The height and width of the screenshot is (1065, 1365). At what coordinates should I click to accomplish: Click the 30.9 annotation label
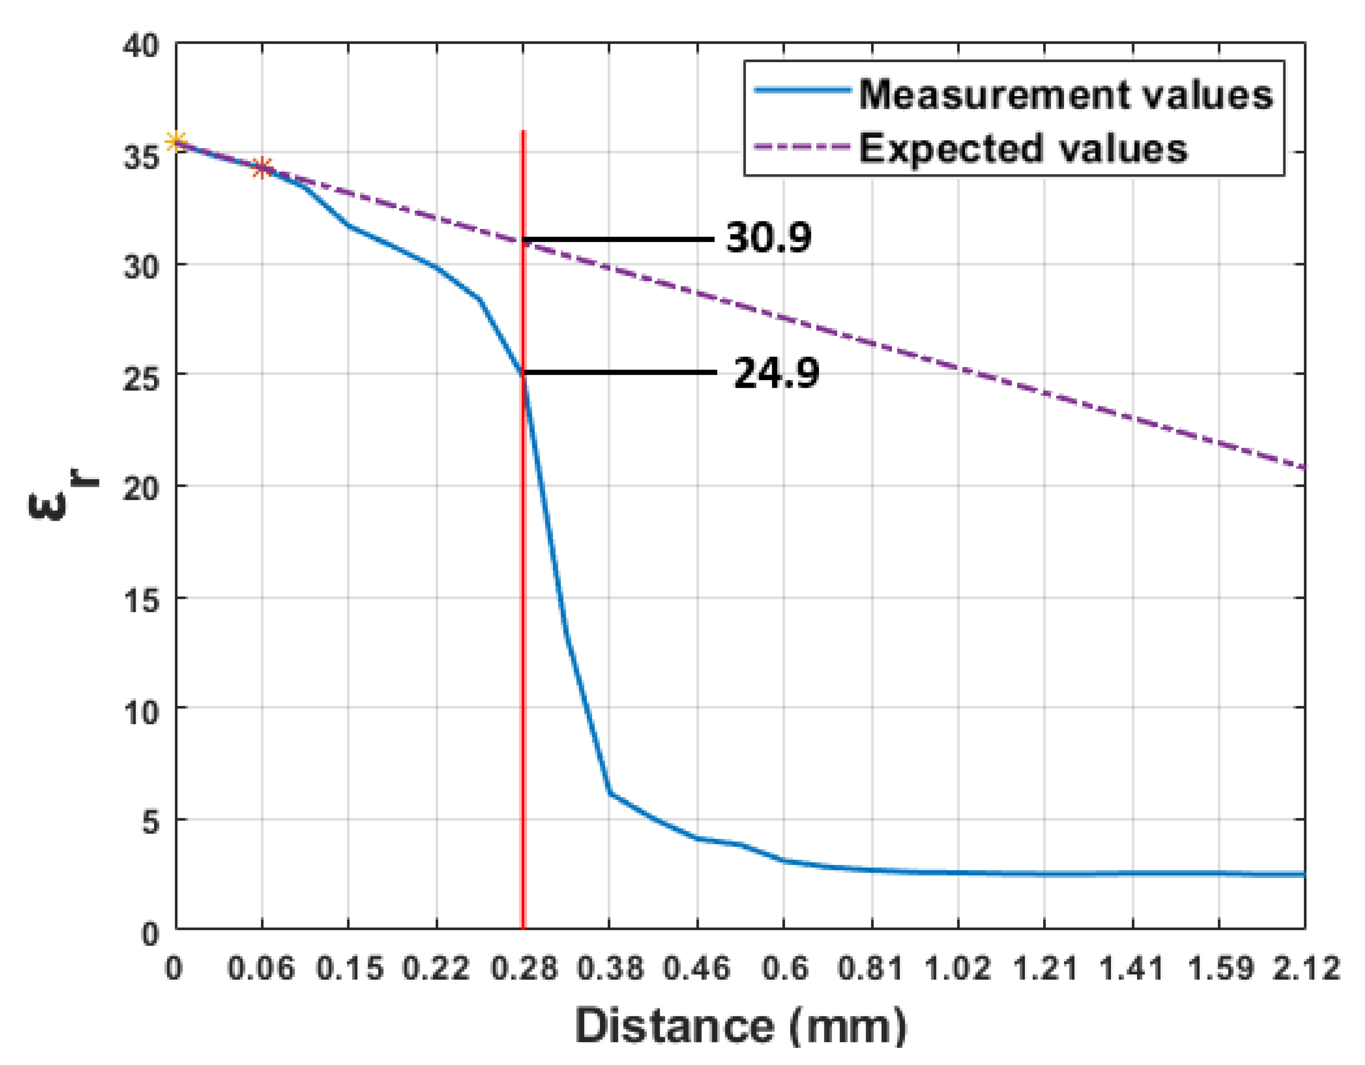[768, 238]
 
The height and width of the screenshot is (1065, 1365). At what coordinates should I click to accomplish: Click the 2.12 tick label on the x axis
[1306, 969]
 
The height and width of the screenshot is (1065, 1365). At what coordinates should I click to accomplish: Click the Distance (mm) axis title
[740, 1026]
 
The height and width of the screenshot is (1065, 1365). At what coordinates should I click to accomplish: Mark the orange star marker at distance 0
[177, 141]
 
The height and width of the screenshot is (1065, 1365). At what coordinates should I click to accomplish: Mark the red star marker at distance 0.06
[262, 167]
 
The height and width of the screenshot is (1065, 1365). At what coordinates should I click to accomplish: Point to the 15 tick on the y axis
[141, 600]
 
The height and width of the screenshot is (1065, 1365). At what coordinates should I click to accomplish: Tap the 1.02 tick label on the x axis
[957, 969]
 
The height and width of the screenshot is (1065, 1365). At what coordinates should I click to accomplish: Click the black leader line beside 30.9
[619, 239]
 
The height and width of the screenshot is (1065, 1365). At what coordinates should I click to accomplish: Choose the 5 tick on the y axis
[150, 822]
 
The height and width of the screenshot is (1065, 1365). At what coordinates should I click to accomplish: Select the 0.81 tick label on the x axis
[871, 969]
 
